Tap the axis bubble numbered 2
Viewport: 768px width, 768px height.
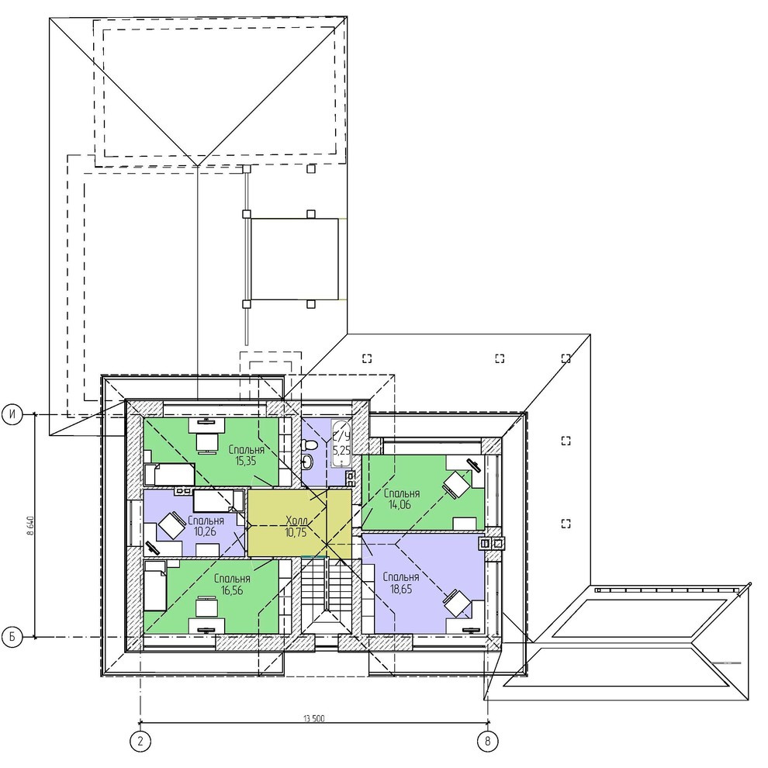(140, 741)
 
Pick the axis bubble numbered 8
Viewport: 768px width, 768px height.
(487, 741)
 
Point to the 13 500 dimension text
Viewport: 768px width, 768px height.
(314, 719)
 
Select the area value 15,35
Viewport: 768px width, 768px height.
(245, 461)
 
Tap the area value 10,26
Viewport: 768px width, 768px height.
(205, 531)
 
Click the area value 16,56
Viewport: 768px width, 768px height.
(232, 590)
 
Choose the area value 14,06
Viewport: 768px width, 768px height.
(400, 504)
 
